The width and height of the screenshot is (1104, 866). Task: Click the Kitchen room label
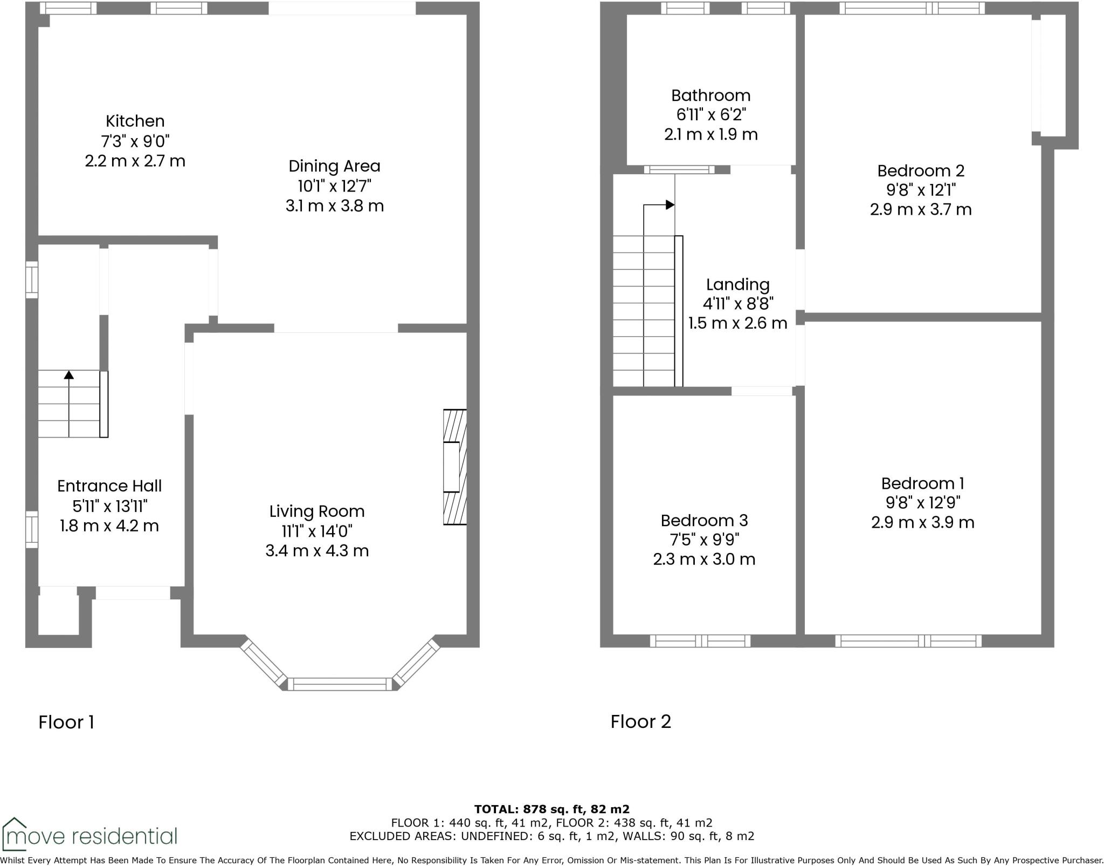[x=135, y=121]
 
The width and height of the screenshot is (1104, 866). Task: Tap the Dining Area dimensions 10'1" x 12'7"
[x=334, y=186]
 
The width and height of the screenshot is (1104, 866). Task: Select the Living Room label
[x=317, y=511]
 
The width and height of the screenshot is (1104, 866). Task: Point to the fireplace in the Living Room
[x=454, y=467]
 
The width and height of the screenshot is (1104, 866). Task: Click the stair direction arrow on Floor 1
[x=69, y=374]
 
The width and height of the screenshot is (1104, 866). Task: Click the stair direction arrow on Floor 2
[x=670, y=204]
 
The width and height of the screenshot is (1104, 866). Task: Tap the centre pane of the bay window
[x=340, y=684]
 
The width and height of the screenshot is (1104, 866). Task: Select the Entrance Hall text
[x=109, y=486]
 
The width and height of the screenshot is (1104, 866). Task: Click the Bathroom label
[x=710, y=96]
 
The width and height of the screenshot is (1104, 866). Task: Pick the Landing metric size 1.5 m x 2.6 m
[x=737, y=323]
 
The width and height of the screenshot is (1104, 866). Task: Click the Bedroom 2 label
[x=920, y=171]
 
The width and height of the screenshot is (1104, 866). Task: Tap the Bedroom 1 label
[x=922, y=483]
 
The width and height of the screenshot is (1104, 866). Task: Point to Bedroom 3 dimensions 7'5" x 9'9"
[x=704, y=540]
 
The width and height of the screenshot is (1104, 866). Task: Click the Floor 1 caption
[x=66, y=722]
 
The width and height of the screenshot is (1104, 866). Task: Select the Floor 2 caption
[x=640, y=721]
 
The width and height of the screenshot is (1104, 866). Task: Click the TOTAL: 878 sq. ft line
[x=551, y=809]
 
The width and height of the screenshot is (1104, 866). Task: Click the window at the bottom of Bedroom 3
[x=700, y=641]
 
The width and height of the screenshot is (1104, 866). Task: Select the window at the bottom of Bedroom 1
[x=908, y=641]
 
